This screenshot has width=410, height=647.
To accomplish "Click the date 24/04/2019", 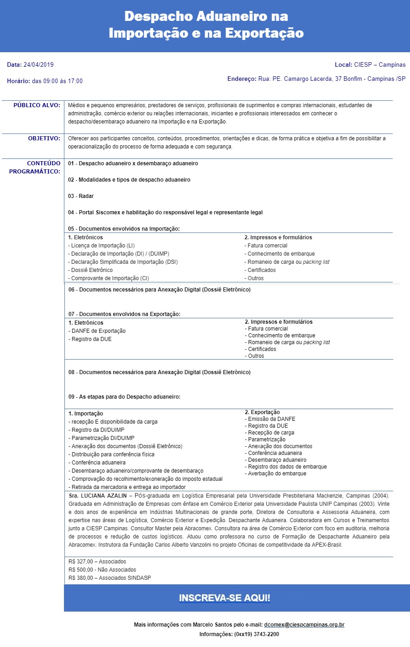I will [x=39, y=64].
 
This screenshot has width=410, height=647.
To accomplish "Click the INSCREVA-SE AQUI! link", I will [x=225, y=598].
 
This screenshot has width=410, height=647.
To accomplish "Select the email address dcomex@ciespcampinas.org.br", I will [x=304, y=625].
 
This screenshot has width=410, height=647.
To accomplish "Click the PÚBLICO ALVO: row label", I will [x=37, y=105].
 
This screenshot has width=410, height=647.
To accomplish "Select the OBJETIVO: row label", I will [x=44, y=138].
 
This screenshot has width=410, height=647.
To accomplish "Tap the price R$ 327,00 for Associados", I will [x=97, y=562].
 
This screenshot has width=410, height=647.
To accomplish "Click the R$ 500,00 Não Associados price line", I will [x=102, y=570].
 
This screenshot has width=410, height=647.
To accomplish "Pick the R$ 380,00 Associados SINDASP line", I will [x=109, y=578].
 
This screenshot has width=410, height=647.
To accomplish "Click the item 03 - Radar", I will [x=81, y=196].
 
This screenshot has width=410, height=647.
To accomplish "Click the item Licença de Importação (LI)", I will [x=102, y=246].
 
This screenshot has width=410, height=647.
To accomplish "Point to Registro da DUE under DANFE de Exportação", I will [x=91, y=339].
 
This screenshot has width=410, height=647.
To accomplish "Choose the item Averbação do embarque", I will [x=277, y=474].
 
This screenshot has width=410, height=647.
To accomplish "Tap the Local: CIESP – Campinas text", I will [x=370, y=65].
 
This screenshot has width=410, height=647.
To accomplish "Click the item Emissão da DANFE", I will [x=271, y=419].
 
